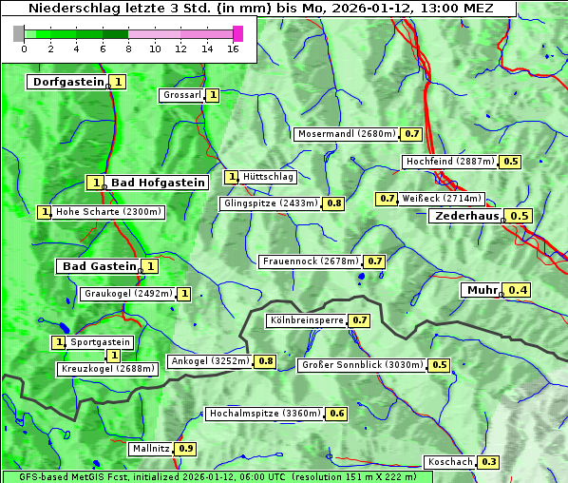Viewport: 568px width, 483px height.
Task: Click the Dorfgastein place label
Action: click(x=68, y=82)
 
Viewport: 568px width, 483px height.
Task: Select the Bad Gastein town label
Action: click(x=100, y=266)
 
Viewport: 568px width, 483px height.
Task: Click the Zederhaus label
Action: click(x=466, y=216)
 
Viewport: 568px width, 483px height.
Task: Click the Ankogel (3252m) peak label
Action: click(x=210, y=361)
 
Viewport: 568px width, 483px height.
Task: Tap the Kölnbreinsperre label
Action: click(x=306, y=320)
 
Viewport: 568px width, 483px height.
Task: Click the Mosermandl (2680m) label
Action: click(x=346, y=134)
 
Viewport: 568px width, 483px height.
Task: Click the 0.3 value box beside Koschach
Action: click(x=489, y=462)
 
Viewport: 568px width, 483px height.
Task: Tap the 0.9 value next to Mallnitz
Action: click(x=186, y=448)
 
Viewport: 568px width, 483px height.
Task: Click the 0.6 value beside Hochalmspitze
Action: click(x=337, y=414)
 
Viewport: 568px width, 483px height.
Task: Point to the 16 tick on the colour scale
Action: click(x=233, y=48)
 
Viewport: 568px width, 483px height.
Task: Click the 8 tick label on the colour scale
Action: click(x=128, y=48)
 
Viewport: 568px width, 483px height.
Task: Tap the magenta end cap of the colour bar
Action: click(x=237, y=34)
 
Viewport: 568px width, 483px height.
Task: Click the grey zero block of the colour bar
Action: click(x=19, y=34)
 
